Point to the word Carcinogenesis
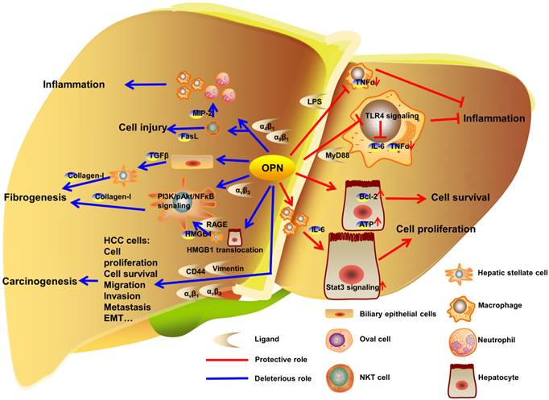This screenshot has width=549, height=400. (x=40, y=282)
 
